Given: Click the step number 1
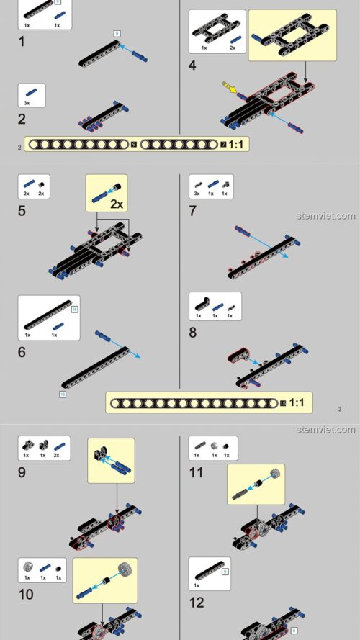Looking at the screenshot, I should [x=22, y=42].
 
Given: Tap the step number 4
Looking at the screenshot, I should [x=192, y=65].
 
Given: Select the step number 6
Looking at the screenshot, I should [x=22, y=352].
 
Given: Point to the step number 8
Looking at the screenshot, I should [x=192, y=332].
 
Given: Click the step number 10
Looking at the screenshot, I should [x=26, y=595].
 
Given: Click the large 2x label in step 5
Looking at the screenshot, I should [x=117, y=204].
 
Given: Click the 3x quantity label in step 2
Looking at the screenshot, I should [x=27, y=103].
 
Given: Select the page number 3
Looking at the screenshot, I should [x=338, y=410].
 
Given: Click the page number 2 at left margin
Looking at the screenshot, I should [x=19, y=147].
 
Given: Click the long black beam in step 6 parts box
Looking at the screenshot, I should [x=47, y=315].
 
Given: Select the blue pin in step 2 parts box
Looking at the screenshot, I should [x=31, y=92].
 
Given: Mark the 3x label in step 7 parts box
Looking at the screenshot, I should [x=196, y=194].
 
